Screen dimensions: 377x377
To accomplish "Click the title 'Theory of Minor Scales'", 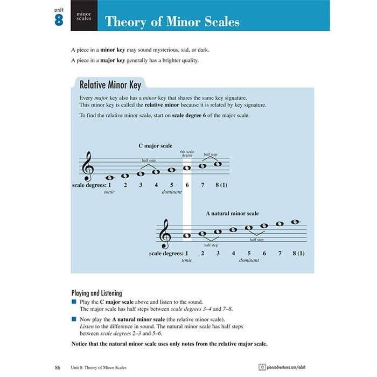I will (x=172, y=22).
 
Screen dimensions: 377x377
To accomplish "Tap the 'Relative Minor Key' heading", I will (x=110, y=85).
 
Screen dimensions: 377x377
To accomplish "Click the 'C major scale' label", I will (x=155, y=145).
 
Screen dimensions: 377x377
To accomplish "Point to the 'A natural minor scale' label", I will (x=232, y=213).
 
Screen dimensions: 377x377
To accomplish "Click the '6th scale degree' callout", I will (x=187, y=154).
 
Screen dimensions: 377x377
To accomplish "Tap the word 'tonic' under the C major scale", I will (x=109, y=192).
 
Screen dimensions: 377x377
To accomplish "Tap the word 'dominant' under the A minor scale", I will (x=249, y=260).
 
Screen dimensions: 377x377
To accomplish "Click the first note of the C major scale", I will (x=109, y=178).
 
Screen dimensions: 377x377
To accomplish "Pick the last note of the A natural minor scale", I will (x=295, y=221).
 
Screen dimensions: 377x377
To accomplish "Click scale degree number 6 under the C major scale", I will (x=187, y=185).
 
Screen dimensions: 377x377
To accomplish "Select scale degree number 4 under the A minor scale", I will (x=233, y=253).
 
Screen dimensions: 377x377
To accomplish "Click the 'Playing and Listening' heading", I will (x=96, y=294).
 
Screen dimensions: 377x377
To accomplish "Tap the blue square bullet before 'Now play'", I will (x=74, y=319).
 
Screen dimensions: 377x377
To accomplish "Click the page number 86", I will (x=58, y=367).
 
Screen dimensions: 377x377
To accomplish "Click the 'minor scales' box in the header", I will (x=83, y=16).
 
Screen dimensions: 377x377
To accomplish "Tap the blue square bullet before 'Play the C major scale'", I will (x=74, y=302).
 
